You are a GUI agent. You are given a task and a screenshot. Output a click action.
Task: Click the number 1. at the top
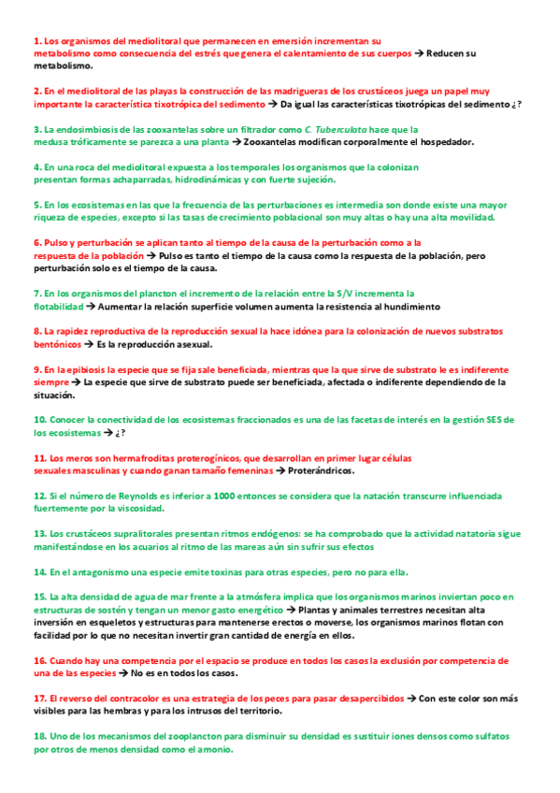click(38, 41)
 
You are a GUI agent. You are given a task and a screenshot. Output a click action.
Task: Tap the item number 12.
click(40, 495)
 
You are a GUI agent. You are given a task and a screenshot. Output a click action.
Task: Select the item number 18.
click(40, 737)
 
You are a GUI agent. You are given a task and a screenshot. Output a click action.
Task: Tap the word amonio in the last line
click(213, 749)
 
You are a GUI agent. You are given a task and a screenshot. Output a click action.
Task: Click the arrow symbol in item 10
click(108, 433)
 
